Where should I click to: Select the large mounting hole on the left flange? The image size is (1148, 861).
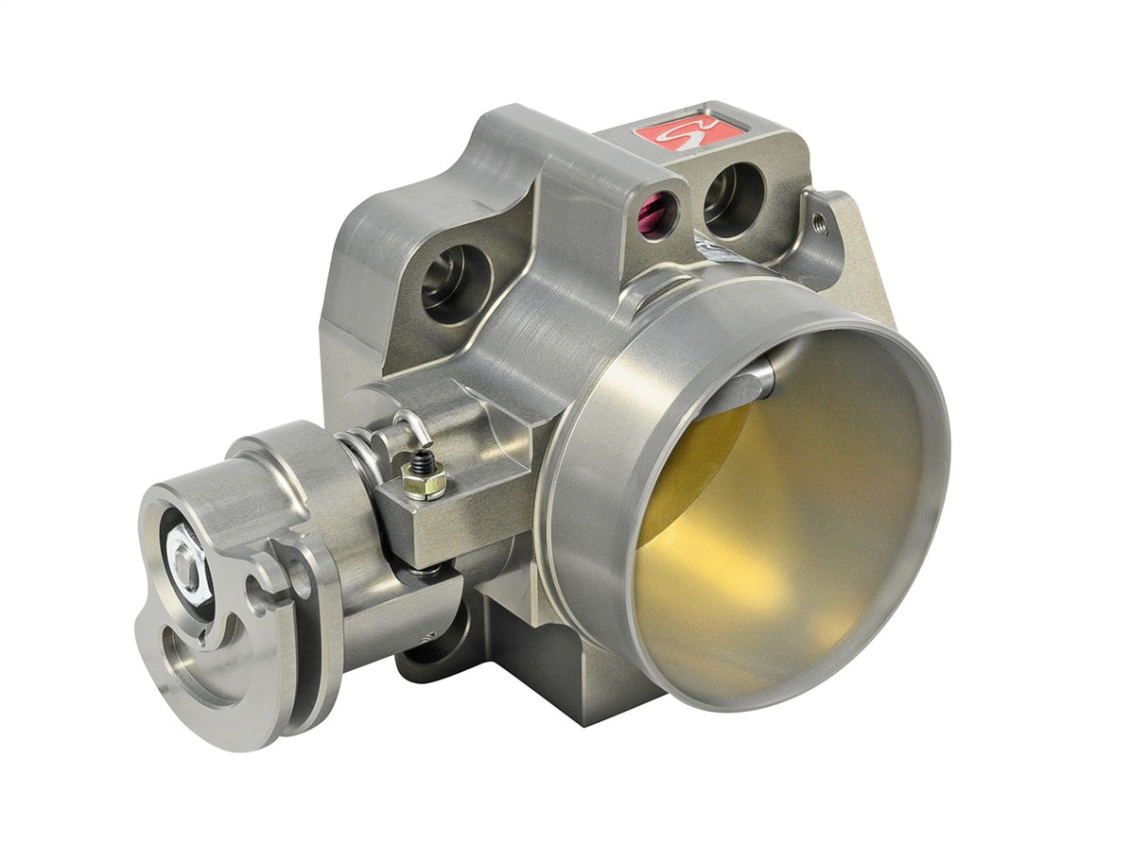pos(456,281)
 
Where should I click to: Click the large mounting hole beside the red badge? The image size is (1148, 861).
pos(734,199)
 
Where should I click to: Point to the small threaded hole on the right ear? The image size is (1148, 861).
pos(818,221)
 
